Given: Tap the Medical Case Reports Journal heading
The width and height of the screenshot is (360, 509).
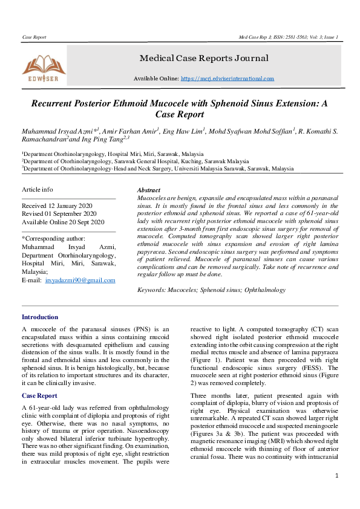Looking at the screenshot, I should (x=204, y=59).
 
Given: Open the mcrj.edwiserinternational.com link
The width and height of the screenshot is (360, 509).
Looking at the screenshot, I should (x=227, y=79).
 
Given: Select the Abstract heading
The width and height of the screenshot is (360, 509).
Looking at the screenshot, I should (x=149, y=190).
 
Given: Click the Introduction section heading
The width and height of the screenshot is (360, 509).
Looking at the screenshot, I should (x=40, y=317).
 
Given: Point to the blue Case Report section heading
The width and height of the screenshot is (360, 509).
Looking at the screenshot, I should (x=39, y=395).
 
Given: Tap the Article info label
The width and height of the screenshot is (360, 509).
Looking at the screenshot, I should (x=38, y=189).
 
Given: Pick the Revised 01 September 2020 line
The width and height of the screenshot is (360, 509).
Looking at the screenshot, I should (x=59, y=213).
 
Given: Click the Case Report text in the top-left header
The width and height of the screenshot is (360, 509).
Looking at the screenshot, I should (x=34, y=37).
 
